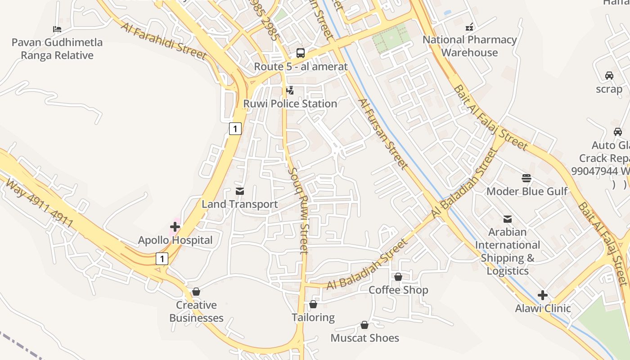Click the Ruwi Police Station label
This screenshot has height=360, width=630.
[x=290, y=103]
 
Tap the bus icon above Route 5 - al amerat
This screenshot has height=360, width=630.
[x=301, y=53]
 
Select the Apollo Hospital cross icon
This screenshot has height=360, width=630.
[x=175, y=227]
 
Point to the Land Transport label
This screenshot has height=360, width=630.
[x=239, y=204]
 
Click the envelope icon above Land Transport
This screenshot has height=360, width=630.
[x=240, y=191]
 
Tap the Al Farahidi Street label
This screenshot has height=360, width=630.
[x=163, y=40]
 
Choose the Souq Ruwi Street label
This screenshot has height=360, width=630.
[x=298, y=211]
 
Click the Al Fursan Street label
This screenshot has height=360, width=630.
[x=383, y=133]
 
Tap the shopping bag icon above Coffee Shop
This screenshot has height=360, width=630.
[x=398, y=277]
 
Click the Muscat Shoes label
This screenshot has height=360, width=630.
[x=364, y=338]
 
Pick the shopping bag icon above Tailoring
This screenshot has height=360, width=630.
[x=313, y=305]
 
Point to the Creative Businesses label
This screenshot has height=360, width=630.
[x=196, y=311]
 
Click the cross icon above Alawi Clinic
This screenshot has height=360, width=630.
[x=543, y=295]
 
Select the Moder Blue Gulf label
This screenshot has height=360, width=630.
[x=527, y=191]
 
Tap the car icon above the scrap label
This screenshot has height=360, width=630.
[x=609, y=76]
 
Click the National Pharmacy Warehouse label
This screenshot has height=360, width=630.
[x=469, y=46]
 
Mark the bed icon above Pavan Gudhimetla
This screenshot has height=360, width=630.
[x=57, y=30]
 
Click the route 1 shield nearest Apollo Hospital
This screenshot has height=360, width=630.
[x=162, y=259]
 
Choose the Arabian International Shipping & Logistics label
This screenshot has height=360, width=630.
[x=508, y=251]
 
